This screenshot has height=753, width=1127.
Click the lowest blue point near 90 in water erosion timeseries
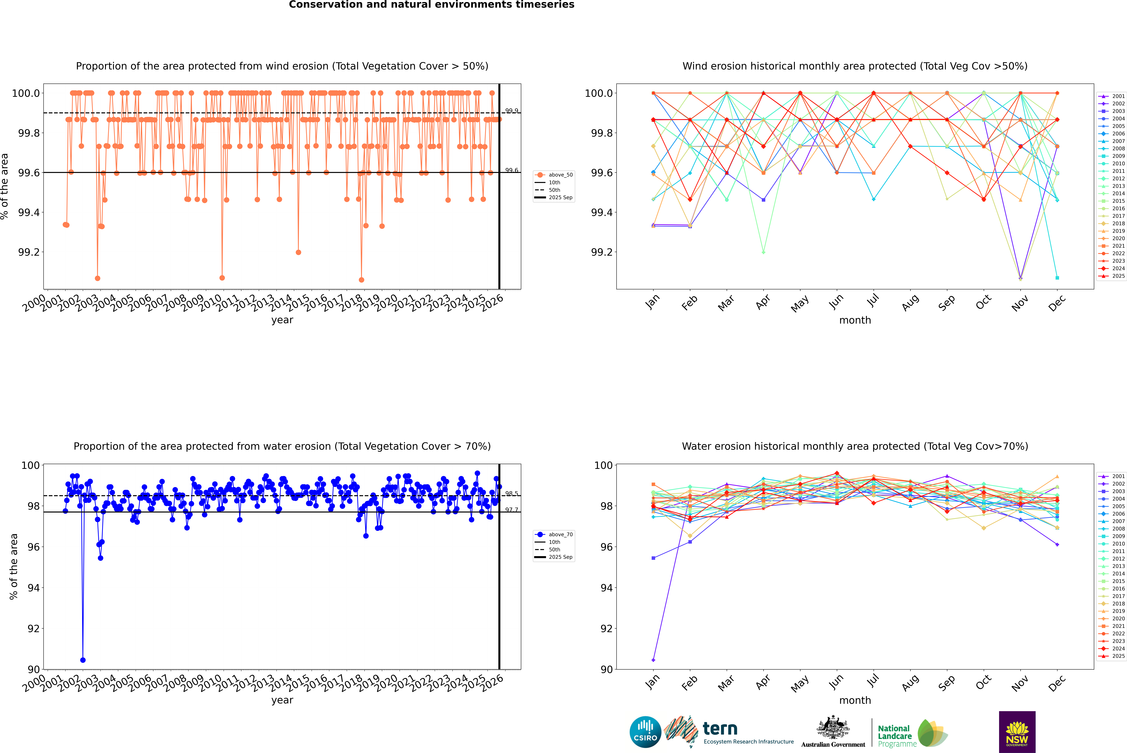pyautogui.click(x=83, y=660)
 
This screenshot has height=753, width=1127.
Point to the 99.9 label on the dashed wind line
pyautogui.click(x=512, y=111)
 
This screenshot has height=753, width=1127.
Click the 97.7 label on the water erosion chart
pyautogui.click(x=512, y=510)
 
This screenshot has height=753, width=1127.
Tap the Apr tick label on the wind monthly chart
pyautogui.click(x=763, y=302)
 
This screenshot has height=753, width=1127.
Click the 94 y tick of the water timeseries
pyautogui.click(x=34, y=588)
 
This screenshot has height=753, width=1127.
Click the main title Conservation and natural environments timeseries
pyautogui.click(x=431, y=5)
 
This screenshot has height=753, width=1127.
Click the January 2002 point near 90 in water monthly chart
pyautogui.click(x=653, y=660)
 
